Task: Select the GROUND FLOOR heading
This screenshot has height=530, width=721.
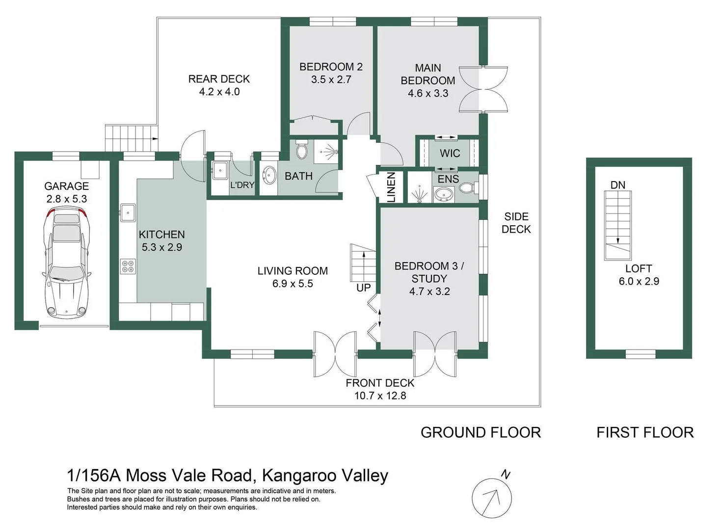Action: tap(481, 432)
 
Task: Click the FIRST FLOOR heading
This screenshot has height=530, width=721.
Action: tap(645, 432)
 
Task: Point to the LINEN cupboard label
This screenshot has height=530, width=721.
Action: tap(391, 187)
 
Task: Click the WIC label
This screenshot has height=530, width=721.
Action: tap(450, 153)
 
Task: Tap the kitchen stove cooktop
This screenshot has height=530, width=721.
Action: tap(128, 266)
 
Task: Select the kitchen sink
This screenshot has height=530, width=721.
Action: tap(128, 212)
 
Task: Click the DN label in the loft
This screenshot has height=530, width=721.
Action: tap(617, 185)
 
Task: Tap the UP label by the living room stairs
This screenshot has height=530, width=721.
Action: tap(363, 288)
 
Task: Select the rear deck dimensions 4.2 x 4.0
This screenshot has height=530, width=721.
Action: tap(219, 92)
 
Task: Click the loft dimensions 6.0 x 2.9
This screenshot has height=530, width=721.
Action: tap(639, 281)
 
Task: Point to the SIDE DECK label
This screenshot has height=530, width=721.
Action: tap(516, 223)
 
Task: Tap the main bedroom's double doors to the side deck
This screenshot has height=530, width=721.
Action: tap(483, 89)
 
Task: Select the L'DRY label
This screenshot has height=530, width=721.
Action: tap(242, 185)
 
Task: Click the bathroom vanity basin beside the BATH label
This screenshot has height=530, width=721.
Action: tap(269, 175)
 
